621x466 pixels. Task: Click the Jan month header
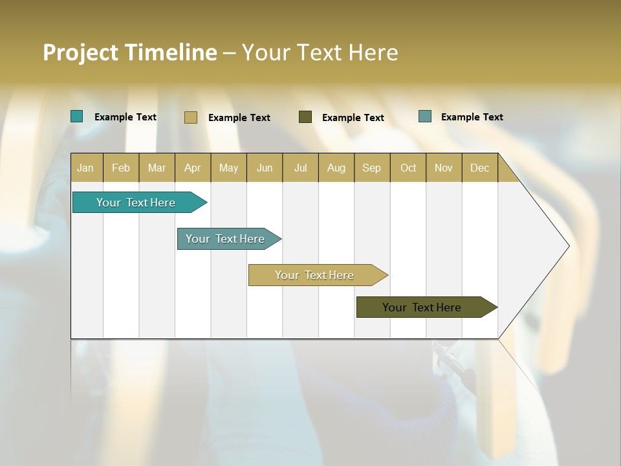tap(86, 168)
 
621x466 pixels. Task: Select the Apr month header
tap(193, 168)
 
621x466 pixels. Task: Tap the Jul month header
tap(301, 168)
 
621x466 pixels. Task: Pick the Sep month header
tap(372, 168)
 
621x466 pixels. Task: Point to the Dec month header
tap(480, 168)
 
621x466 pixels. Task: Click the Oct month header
tap(408, 168)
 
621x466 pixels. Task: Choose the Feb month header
tap(121, 168)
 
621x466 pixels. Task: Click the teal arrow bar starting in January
tap(136, 203)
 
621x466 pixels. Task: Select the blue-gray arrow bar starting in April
tap(226, 239)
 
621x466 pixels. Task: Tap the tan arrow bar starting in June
tap(315, 275)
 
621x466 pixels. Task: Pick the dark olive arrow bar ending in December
tap(422, 307)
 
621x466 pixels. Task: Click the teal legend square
tap(77, 116)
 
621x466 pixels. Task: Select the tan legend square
tap(191, 117)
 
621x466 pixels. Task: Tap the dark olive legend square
tap(305, 117)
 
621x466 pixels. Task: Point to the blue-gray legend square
tap(425, 116)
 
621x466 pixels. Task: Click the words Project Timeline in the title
tap(129, 52)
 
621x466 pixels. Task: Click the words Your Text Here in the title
tap(320, 52)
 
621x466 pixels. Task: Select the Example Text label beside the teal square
tap(125, 117)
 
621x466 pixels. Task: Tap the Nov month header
tap(444, 168)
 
